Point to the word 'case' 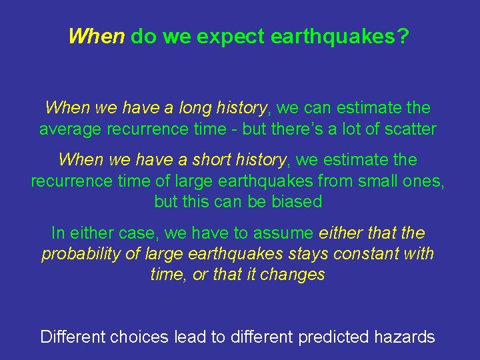point(137,233)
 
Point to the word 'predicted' point(330,337)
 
